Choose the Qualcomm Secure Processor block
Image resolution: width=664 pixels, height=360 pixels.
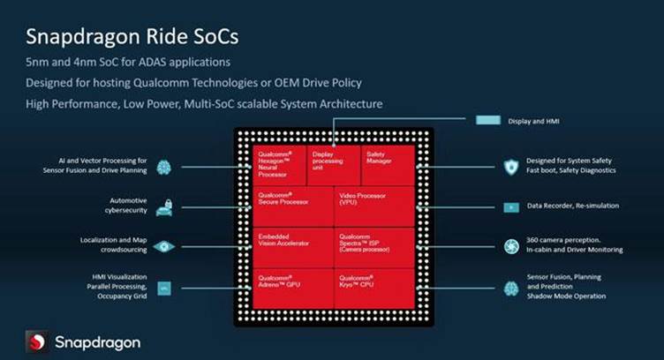(x=292, y=206)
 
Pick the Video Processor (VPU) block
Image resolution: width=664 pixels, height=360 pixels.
(x=373, y=206)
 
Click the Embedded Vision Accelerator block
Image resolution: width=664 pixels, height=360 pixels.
(x=292, y=247)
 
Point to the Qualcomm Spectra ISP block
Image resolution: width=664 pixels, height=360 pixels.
(x=373, y=247)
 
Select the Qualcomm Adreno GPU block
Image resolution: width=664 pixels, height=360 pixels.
(x=292, y=288)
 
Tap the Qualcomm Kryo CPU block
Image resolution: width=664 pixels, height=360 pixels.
(x=373, y=288)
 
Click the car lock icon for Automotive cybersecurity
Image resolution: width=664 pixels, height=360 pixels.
(x=163, y=206)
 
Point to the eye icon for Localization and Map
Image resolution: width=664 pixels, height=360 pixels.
(x=163, y=247)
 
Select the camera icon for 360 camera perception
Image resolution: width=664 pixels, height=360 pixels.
(x=510, y=247)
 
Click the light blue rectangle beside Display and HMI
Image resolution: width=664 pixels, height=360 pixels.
(x=489, y=119)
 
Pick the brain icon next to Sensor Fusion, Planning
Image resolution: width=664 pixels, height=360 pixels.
(x=510, y=288)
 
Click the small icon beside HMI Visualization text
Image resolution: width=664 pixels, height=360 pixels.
(x=163, y=288)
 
